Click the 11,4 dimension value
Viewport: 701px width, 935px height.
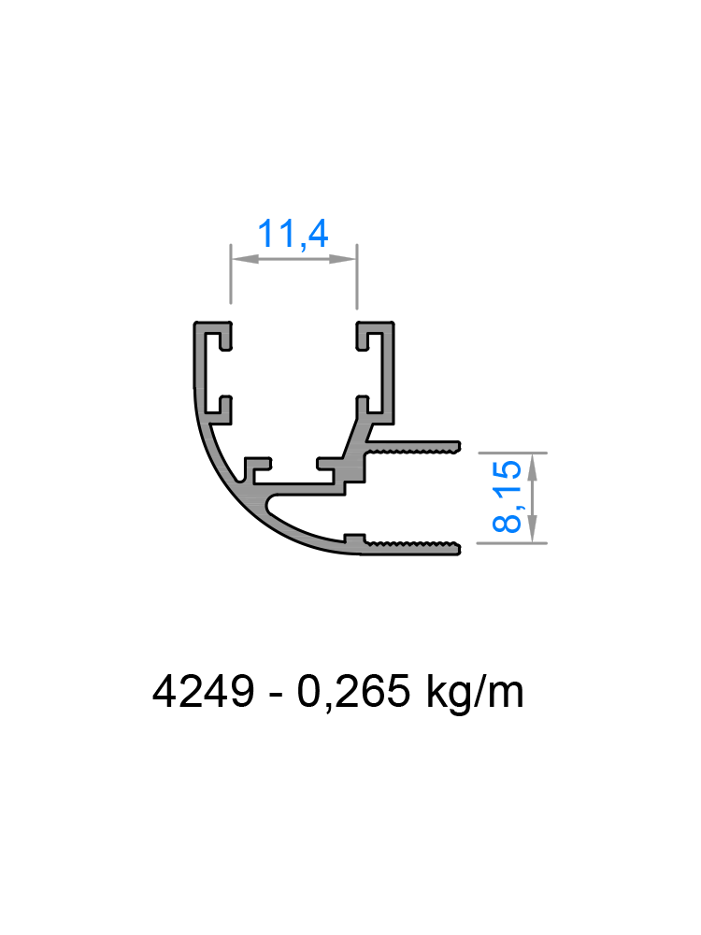tap(293, 234)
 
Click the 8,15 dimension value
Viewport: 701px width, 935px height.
tap(508, 497)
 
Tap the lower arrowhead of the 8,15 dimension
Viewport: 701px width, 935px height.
tap(533, 530)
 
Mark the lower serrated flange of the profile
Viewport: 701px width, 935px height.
tap(411, 547)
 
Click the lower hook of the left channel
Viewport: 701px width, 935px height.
tap(219, 409)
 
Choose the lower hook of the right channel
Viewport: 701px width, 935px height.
tap(368, 409)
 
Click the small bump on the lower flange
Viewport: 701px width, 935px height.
tap(354, 539)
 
